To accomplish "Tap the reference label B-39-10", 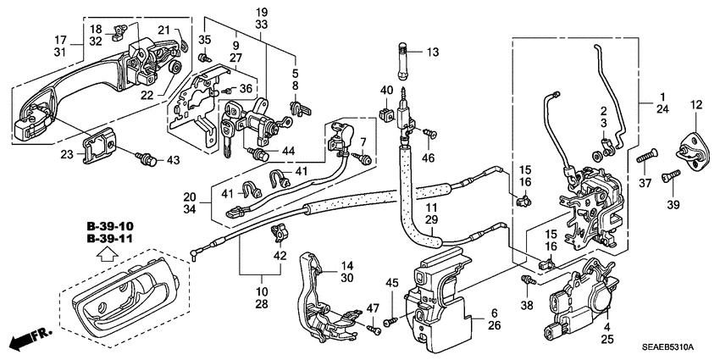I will [x=110, y=227].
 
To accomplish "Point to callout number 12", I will [x=696, y=105].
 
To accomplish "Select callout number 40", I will [x=385, y=91].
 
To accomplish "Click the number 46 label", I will [x=429, y=158].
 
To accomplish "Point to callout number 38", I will [x=527, y=305].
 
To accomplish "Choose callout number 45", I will [x=391, y=282].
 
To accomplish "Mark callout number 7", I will [x=363, y=141].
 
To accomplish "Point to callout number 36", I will [x=245, y=89].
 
